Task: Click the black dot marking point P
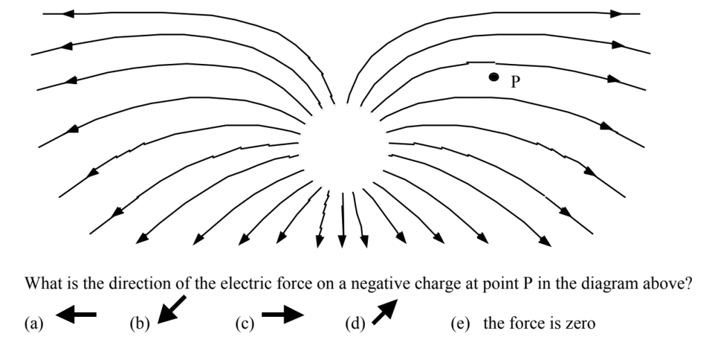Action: pyautogui.click(x=493, y=77)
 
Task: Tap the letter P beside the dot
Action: pyautogui.click(x=515, y=82)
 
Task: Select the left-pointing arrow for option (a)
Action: pyautogui.click(x=76, y=316)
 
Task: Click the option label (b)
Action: pyautogui.click(x=140, y=323)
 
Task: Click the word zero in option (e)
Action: pyautogui.click(x=579, y=323)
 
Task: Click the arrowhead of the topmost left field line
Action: pyautogui.click(x=67, y=13)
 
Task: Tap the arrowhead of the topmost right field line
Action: pyautogui.click(x=616, y=13)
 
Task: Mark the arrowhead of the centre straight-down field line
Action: pyautogui.click(x=341, y=240)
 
